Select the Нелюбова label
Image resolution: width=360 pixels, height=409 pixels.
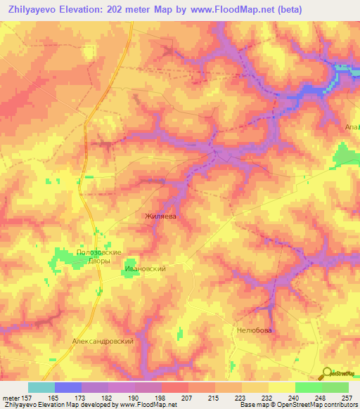254,330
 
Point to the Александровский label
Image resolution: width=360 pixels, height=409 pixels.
103,340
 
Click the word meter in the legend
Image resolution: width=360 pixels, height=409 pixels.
12,398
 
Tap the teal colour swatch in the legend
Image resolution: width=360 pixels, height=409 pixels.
41,387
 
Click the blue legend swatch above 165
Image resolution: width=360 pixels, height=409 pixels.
68,387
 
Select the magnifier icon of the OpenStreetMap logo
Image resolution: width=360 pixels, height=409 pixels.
326,373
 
